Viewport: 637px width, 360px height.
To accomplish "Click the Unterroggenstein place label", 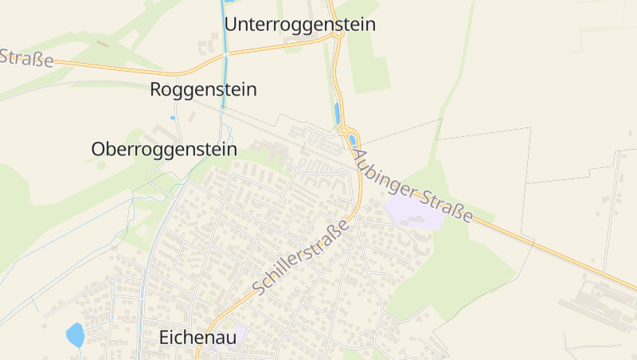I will point(299,25).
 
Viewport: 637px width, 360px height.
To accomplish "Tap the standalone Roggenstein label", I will point(203,89).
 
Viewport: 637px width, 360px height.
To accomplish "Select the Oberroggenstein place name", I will point(164,149).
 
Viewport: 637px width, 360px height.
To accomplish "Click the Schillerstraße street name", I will point(302,256).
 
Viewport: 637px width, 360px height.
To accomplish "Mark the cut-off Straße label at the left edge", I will point(25,57).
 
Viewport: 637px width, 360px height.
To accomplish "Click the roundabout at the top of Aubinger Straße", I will point(345,130).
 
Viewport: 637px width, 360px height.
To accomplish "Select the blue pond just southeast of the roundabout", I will point(352,140).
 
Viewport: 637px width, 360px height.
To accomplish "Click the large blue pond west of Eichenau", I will point(75,335).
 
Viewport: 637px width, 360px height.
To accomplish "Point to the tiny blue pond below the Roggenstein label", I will point(172,118).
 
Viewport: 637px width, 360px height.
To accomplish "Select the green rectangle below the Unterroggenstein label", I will point(371,64).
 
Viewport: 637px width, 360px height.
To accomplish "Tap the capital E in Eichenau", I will point(165,337).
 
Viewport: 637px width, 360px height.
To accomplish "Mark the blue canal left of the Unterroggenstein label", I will point(222,32).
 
